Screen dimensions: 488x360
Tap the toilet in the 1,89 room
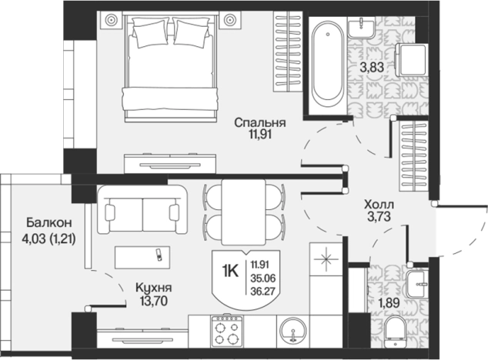coord(395,332)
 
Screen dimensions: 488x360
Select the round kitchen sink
coord(292,331)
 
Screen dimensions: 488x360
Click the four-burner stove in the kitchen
coord(226,331)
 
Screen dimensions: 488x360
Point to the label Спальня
coord(260,122)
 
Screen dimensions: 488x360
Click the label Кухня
coord(153,288)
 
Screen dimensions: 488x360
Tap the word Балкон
coord(49,222)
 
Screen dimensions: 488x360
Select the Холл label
coord(379,205)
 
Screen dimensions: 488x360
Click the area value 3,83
coord(372,67)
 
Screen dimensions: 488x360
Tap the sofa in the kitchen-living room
coord(142,210)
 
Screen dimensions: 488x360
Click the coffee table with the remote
coord(142,258)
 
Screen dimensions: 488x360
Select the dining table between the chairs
coord(243,212)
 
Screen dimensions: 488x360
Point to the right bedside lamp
coord(229,19)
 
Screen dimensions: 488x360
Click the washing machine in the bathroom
coord(411,60)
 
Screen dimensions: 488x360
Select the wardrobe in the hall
coord(413,156)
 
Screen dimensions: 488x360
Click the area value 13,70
coord(153,301)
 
